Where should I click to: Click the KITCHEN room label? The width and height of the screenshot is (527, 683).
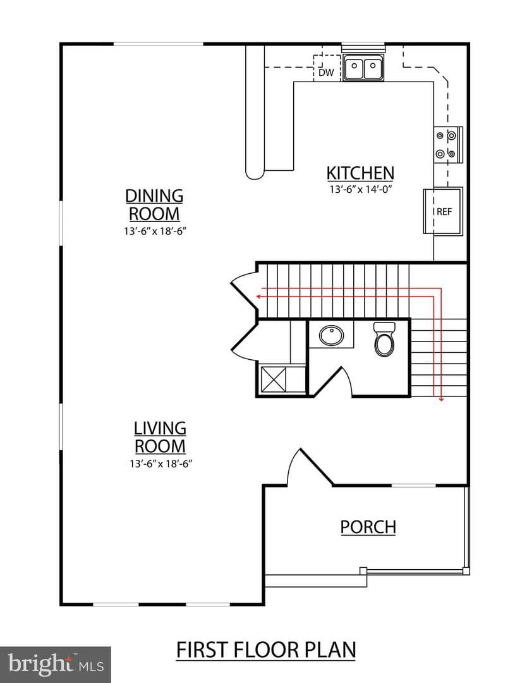360,173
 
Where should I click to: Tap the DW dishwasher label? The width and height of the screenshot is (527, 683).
326,72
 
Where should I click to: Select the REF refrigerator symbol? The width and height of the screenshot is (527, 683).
443,211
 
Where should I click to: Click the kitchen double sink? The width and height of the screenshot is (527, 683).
363,68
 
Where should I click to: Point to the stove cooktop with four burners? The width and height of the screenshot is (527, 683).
448,145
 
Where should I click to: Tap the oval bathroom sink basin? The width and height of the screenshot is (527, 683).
332,335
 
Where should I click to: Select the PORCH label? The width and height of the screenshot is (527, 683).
368,527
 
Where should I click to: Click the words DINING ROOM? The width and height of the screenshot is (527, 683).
154,205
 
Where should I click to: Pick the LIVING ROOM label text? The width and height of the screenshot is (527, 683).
160,437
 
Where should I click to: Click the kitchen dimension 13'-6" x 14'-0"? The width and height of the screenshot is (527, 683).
361,190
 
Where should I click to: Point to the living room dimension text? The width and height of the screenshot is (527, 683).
161,464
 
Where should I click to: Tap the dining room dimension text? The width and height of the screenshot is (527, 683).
155,231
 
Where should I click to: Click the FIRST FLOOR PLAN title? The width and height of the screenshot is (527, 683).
266,650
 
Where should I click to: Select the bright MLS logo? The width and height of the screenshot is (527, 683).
55,665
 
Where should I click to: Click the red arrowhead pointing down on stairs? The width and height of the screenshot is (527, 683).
441,398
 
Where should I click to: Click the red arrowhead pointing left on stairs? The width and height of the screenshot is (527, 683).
258,296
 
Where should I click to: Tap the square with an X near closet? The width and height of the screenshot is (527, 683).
274,380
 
